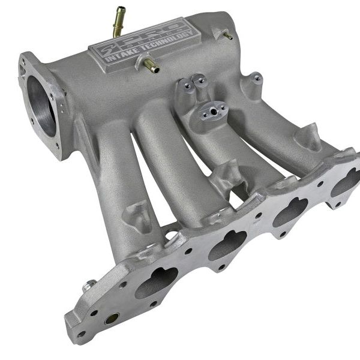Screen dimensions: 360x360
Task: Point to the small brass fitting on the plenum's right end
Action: [227, 35]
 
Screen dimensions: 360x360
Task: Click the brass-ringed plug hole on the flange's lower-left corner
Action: [112, 319]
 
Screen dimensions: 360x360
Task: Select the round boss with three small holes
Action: [213, 110]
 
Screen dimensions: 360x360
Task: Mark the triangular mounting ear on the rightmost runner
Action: [308, 137]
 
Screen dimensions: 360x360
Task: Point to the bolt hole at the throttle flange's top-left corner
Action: [26, 62]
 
